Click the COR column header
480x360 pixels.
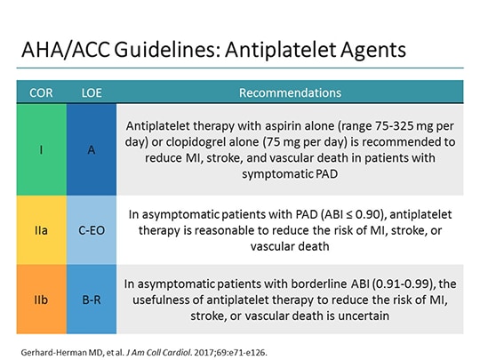point(41,92)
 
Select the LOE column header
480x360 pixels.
point(92,92)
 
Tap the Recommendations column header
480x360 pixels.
point(290,92)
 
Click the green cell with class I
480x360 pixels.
point(41,150)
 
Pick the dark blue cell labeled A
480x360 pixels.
point(92,150)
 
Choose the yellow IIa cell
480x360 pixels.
point(41,229)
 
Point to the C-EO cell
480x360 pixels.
point(92,229)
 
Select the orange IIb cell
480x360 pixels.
point(41,299)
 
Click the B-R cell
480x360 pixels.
point(92,299)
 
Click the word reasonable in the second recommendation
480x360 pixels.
point(221,229)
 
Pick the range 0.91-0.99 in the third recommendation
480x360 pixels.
point(391,284)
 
